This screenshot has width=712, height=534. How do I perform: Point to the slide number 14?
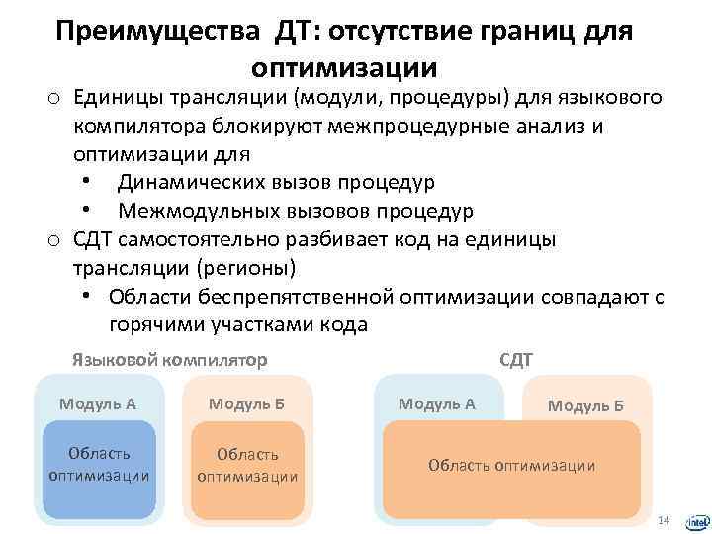point(664,520)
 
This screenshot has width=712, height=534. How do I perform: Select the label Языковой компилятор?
point(169,359)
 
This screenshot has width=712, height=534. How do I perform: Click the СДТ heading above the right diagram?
point(516,360)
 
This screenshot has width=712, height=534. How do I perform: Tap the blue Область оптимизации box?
point(99,465)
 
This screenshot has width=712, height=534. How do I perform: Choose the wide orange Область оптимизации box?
point(511,465)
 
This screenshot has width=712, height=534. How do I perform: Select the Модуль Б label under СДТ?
point(585,405)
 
